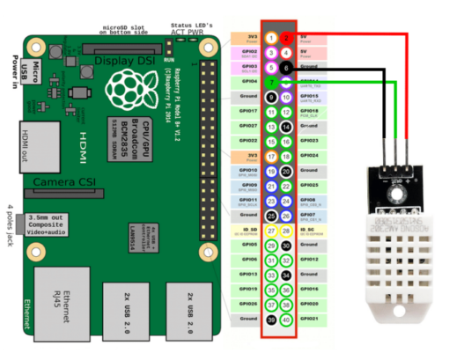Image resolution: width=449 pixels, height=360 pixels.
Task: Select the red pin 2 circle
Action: [x=287, y=39]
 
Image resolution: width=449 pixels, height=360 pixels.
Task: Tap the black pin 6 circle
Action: [x=287, y=68]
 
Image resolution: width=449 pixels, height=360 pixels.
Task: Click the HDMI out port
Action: [x=26, y=141]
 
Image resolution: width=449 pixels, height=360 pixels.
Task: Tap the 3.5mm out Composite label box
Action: [x=54, y=223]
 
